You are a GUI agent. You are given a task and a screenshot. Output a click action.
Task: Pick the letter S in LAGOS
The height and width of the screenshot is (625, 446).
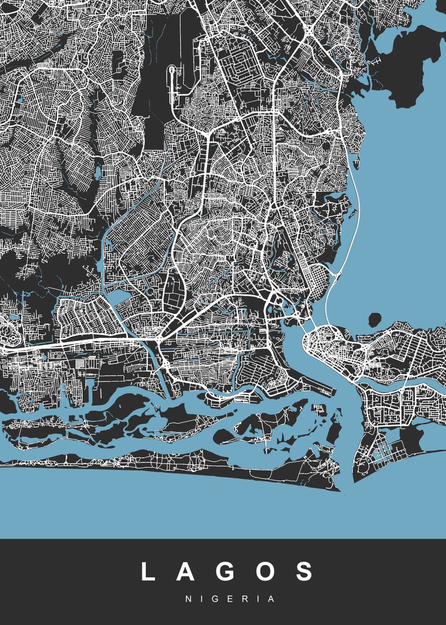click(304, 571)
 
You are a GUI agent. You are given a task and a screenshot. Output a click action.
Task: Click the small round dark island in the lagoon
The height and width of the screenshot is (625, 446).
click(375, 318)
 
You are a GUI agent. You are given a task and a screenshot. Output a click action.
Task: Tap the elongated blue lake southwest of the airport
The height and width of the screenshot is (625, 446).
click(97, 171)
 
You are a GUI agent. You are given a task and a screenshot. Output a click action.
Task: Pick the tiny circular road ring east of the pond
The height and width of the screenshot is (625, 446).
click(151, 293)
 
